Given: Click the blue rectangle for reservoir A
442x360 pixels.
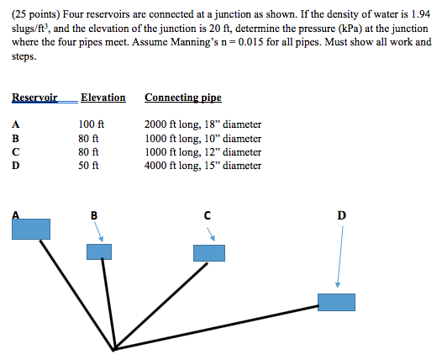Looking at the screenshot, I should click(30, 228).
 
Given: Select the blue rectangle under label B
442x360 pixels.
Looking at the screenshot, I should click(99, 251).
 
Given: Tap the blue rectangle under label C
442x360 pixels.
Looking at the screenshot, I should click(209, 253).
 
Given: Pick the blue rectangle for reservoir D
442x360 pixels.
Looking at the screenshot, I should click(336, 301).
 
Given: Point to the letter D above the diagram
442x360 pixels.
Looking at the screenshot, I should click(340, 215).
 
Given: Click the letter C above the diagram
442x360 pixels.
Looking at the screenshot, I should click(206, 215).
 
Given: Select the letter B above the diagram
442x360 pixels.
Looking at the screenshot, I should click(93, 215).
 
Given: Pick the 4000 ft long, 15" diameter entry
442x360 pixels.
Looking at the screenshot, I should click(203, 166).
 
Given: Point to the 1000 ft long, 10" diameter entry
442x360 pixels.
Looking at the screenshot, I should click(203, 139).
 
